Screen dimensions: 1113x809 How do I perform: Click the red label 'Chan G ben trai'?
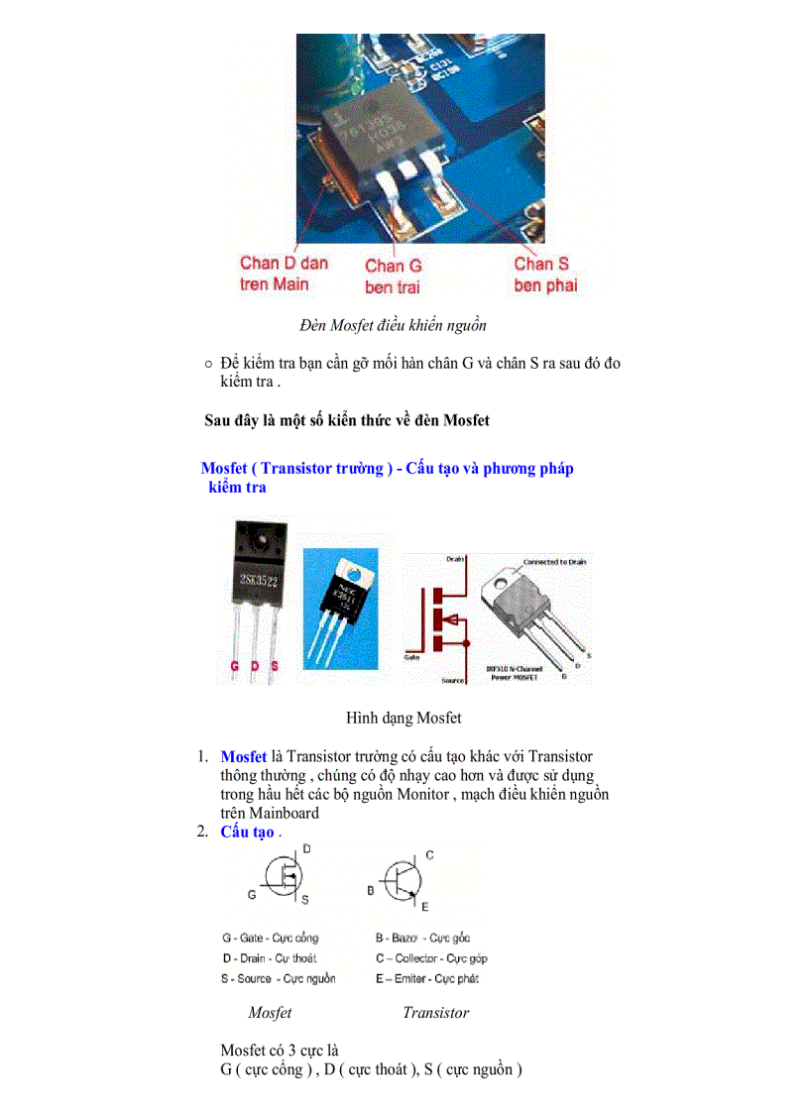click(393, 276)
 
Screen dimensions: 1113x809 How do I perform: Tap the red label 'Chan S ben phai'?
click(544, 274)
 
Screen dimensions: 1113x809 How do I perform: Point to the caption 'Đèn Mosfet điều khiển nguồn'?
click(393, 324)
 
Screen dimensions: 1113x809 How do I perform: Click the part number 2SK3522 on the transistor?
click(258, 579)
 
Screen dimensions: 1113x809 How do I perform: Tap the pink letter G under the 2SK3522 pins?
click(234, 666)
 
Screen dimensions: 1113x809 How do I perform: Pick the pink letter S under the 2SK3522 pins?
click(274, 666)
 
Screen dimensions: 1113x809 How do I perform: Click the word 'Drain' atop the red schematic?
click(455, 559)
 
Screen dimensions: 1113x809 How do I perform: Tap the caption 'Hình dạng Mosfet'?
click(404, 717)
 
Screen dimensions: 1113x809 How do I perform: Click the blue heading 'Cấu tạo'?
click(247, 832)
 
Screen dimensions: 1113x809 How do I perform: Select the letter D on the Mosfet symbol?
click(306, 849)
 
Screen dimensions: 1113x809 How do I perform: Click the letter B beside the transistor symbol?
click(371, 890)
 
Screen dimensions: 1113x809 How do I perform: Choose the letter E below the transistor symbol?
click(424, 906)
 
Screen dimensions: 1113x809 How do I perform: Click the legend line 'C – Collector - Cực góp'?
click(430, 958)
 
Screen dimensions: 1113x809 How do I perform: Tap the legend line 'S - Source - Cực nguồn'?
click(278, 978)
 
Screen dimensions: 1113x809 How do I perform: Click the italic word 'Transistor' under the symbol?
click(435, 1012)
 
